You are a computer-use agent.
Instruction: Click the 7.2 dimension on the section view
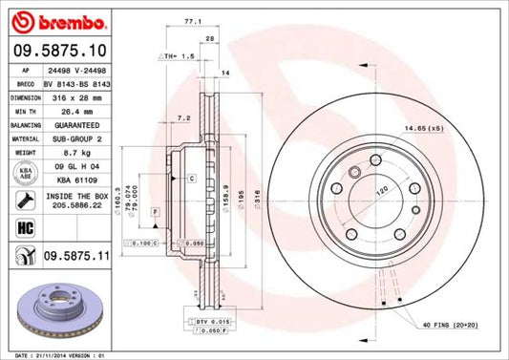(x=184, y=118)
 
